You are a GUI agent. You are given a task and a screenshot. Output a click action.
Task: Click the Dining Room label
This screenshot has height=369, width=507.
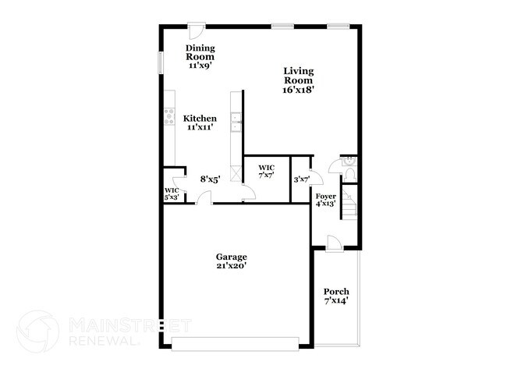[x=200, y=57]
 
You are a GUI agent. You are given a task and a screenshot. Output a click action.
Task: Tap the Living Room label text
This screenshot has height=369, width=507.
[x=299, y=80]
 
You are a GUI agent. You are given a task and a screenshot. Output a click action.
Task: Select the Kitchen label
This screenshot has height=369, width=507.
[x=200, y=122]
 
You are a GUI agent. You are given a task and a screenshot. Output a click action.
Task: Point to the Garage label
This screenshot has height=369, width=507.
[x=232, y=261]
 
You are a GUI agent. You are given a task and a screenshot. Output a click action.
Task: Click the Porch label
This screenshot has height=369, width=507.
[x=336, y=296]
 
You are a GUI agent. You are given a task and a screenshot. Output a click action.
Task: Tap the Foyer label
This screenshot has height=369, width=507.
[x=325, y=199]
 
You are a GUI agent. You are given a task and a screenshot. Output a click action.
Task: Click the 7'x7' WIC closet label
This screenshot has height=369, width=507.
[x=267, y=172]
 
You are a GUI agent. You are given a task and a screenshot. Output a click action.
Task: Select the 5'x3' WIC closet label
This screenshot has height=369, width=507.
[x=172, y=194]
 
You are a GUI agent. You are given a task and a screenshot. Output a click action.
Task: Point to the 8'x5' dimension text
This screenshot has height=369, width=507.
[x=210, y=179]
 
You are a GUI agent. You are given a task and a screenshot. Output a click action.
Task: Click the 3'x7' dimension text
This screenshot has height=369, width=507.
[x=301, y=179]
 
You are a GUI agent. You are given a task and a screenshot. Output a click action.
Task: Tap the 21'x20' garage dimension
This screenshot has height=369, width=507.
[x=232, y=266]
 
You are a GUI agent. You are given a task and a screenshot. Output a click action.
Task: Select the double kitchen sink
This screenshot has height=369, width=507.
[x=236, y=122]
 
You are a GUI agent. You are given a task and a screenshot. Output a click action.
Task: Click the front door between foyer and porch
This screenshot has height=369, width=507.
[x=333, y=243]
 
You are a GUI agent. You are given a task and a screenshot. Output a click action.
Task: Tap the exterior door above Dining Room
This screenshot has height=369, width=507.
[x=198, y=31]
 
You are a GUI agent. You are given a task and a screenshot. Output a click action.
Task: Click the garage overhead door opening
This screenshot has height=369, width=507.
[x=235, y=344]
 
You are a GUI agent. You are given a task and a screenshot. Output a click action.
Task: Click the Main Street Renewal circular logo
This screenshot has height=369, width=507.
[x=38, y=331]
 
